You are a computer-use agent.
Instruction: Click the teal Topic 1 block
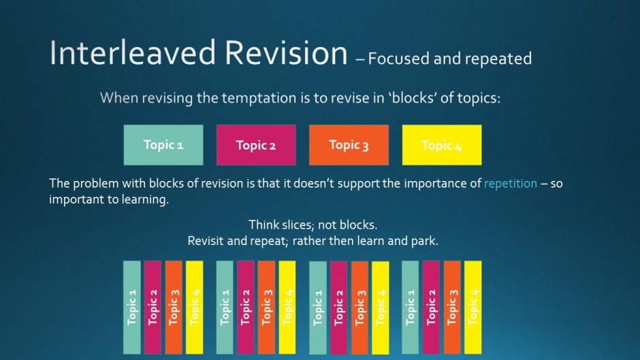tap(163, 145)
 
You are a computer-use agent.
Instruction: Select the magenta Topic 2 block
tap(256, 145)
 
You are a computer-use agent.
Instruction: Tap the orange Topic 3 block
tap(349, 145)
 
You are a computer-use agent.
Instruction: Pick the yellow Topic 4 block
tap(442, 145)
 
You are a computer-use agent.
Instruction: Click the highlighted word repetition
tap(511, 183)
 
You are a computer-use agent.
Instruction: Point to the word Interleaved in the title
tap(132, 52)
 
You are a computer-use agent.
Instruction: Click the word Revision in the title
tap(286, 52)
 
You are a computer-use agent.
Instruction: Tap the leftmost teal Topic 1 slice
tap(132, 308)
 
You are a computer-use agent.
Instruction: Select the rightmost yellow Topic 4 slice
tap(473, 308)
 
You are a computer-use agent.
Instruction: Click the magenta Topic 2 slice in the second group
tap(245, 308)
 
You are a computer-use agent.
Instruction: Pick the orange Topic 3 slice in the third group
tap(359, 308)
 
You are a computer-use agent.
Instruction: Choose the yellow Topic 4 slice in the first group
tap(194, 308)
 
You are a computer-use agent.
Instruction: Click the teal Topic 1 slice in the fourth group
tap(410, 308)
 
